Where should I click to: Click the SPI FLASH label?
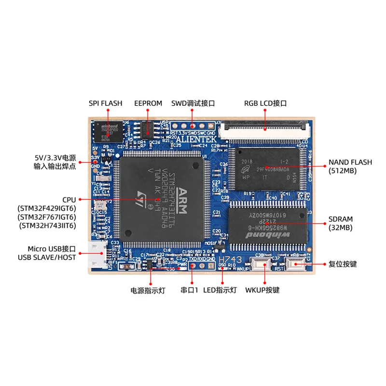click(x=105, y=103)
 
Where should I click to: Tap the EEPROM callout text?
click(x=149, y=103)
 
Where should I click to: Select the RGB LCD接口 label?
click(x=265, y=103)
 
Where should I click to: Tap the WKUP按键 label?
click(x=262, y=290)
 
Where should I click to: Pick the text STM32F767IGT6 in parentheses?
click(x=47, y=217)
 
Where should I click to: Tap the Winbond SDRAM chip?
click(x=267, y=224)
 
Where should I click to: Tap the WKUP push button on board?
click(x=262, y=264)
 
